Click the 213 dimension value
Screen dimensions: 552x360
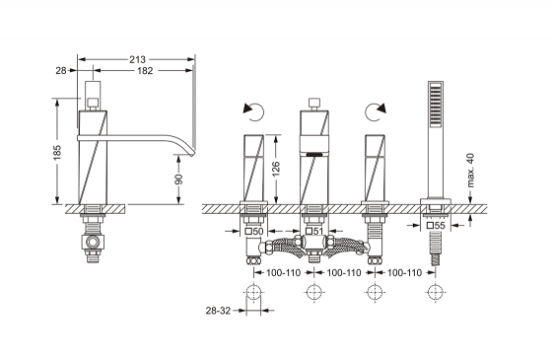(x=137, y=59)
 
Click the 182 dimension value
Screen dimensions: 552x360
(x=145, y=71)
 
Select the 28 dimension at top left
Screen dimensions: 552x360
(x=61, y=71)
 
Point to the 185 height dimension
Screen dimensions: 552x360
(x=57, y=152)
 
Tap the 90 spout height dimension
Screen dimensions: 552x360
(x=179, y=180)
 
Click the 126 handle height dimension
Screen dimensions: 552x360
(x=276, y=169)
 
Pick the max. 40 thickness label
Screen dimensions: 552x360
(x=470, y=170)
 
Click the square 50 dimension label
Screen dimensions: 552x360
(x=254, y=232)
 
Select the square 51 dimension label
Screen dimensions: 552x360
(x=314, y=232)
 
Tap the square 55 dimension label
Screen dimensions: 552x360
(x=436, y=226)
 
